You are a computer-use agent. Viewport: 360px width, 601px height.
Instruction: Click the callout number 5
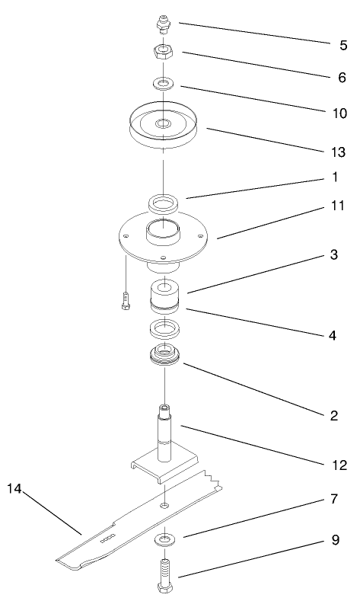343,45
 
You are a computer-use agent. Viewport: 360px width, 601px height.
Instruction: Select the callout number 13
338,152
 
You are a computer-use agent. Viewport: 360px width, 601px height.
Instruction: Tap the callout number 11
337,206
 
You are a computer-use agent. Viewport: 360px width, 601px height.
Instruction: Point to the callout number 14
14,489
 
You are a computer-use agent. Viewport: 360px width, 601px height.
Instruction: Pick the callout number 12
339,465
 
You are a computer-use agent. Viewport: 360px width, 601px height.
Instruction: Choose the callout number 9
335,539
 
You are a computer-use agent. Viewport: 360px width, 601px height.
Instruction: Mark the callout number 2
334,415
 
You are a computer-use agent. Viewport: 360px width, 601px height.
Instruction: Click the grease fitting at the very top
164,24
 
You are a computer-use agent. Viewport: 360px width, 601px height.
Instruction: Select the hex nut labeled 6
163,50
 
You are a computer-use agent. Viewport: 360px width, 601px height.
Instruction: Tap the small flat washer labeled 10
164,83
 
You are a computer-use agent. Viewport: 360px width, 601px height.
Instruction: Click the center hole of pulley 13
164,123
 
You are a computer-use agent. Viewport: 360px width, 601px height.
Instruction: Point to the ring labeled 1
164,203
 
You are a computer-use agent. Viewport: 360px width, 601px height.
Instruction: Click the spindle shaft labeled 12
164,433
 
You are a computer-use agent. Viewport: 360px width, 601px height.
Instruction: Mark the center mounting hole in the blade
164,506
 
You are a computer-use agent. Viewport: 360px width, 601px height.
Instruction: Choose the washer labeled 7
164,540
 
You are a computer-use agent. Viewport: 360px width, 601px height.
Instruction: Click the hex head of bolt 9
164,588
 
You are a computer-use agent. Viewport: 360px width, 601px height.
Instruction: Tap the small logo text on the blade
107,539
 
